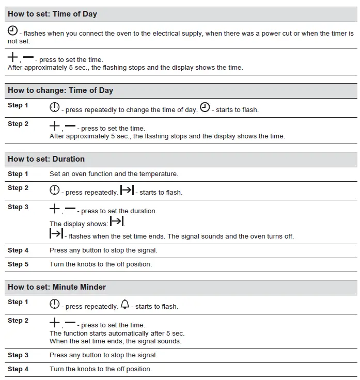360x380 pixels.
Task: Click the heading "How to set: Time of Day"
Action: point(52,14)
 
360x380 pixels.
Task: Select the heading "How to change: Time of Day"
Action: point(60,90)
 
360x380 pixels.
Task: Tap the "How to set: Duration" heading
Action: point(46,159)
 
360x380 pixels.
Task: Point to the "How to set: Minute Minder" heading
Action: point(57,287)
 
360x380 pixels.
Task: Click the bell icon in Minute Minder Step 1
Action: point(124,305)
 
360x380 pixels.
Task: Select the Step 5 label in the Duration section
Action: point(18,264)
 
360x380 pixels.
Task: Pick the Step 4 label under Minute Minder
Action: point(18,369)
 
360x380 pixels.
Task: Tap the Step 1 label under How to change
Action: point(18,105)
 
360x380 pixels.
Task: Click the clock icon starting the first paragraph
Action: point(12,31)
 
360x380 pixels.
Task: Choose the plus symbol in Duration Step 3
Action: point(55,209)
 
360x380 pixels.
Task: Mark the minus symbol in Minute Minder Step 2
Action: point(70,323)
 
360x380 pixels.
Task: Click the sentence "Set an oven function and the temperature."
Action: point(114,175)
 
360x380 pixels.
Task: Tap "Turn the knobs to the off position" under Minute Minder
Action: point(101,369)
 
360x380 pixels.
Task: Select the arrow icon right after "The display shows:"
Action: point(117,222)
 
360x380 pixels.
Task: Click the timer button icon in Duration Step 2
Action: point(55,191)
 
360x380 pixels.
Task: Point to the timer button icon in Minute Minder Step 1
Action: point(55,305)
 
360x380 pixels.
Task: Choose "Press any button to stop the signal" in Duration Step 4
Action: point(103,250)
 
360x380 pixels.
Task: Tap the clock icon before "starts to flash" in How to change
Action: point(205,107)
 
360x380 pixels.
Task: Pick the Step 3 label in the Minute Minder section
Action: point(18,355)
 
